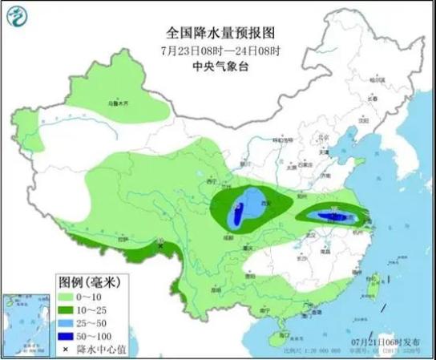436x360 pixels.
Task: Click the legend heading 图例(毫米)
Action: [89, 281]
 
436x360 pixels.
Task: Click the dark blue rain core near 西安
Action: [237, 214]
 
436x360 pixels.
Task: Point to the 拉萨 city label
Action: [123, 239]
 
